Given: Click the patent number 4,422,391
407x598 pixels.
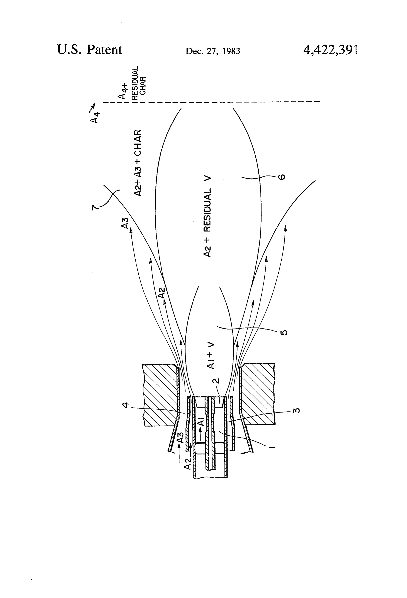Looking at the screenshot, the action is pos(331,50).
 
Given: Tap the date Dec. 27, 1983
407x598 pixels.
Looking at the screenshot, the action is pos(213,51).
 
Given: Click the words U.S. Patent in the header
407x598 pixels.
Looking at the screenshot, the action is pos(89,49).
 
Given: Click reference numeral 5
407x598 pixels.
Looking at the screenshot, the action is pos(284,332).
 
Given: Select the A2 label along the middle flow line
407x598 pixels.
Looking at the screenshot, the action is pos(161,293).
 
